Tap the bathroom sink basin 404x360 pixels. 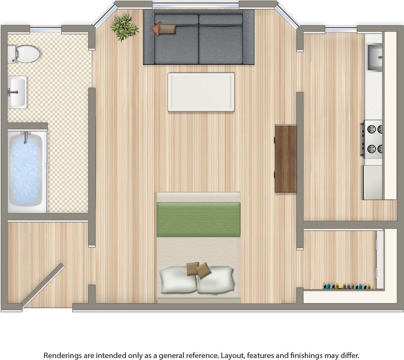coord(17,92)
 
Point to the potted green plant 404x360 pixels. coord(124,27)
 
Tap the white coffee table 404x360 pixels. coord(201,92)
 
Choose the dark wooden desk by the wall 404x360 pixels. coord(286,158)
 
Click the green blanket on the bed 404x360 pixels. coord(198,219)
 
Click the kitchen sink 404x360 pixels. coord(374,58)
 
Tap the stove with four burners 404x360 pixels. coord(373,139)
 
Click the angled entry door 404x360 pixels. coord(42,286)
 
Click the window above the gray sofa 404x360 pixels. coord(195,5)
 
